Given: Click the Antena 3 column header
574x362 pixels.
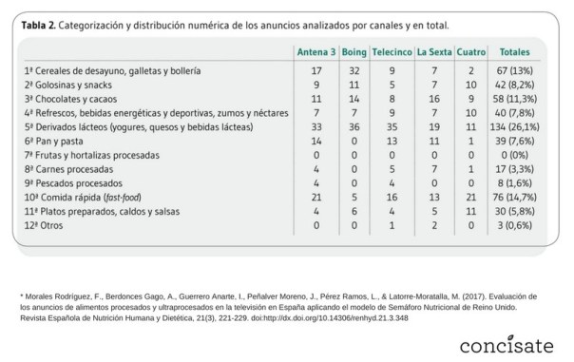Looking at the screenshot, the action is coord(316,51).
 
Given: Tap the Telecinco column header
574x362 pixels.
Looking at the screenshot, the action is coord(392,51).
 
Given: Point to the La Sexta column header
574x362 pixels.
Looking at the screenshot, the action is coord(432,51).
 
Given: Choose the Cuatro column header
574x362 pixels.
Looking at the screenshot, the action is coord(470,51).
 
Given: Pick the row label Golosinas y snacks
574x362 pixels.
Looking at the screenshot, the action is coord(67,85).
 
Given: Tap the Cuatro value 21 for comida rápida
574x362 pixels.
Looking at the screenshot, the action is coord(470,195).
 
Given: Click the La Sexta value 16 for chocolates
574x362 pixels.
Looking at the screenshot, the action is coord(432,98).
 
